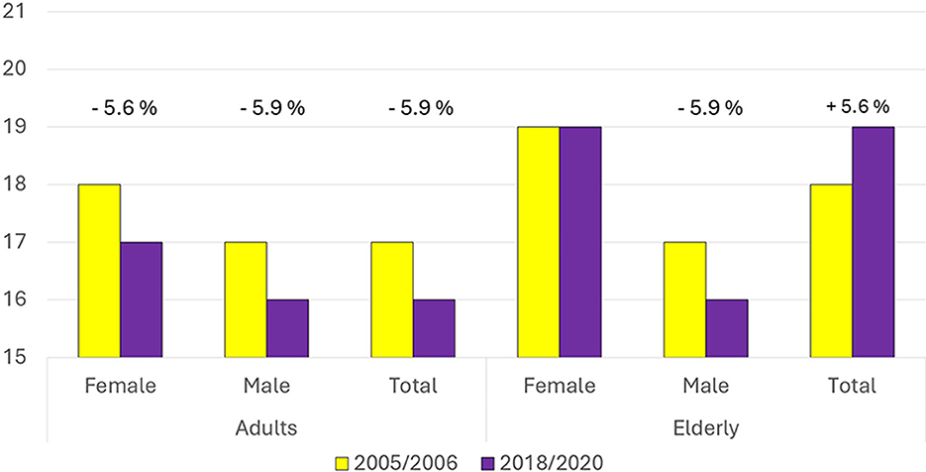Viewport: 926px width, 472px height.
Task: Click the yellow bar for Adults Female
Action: click(99, 271)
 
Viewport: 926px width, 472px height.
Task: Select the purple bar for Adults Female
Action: click(141, 299)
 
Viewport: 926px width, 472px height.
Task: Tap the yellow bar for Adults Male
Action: click(245, 299)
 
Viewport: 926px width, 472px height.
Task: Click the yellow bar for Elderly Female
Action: click(538, 242)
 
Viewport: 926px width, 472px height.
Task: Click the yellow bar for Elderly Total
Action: click(831, 271)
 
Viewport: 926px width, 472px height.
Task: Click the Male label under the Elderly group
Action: click(705, 386)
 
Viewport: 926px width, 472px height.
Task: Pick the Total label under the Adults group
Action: click(412, 386)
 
